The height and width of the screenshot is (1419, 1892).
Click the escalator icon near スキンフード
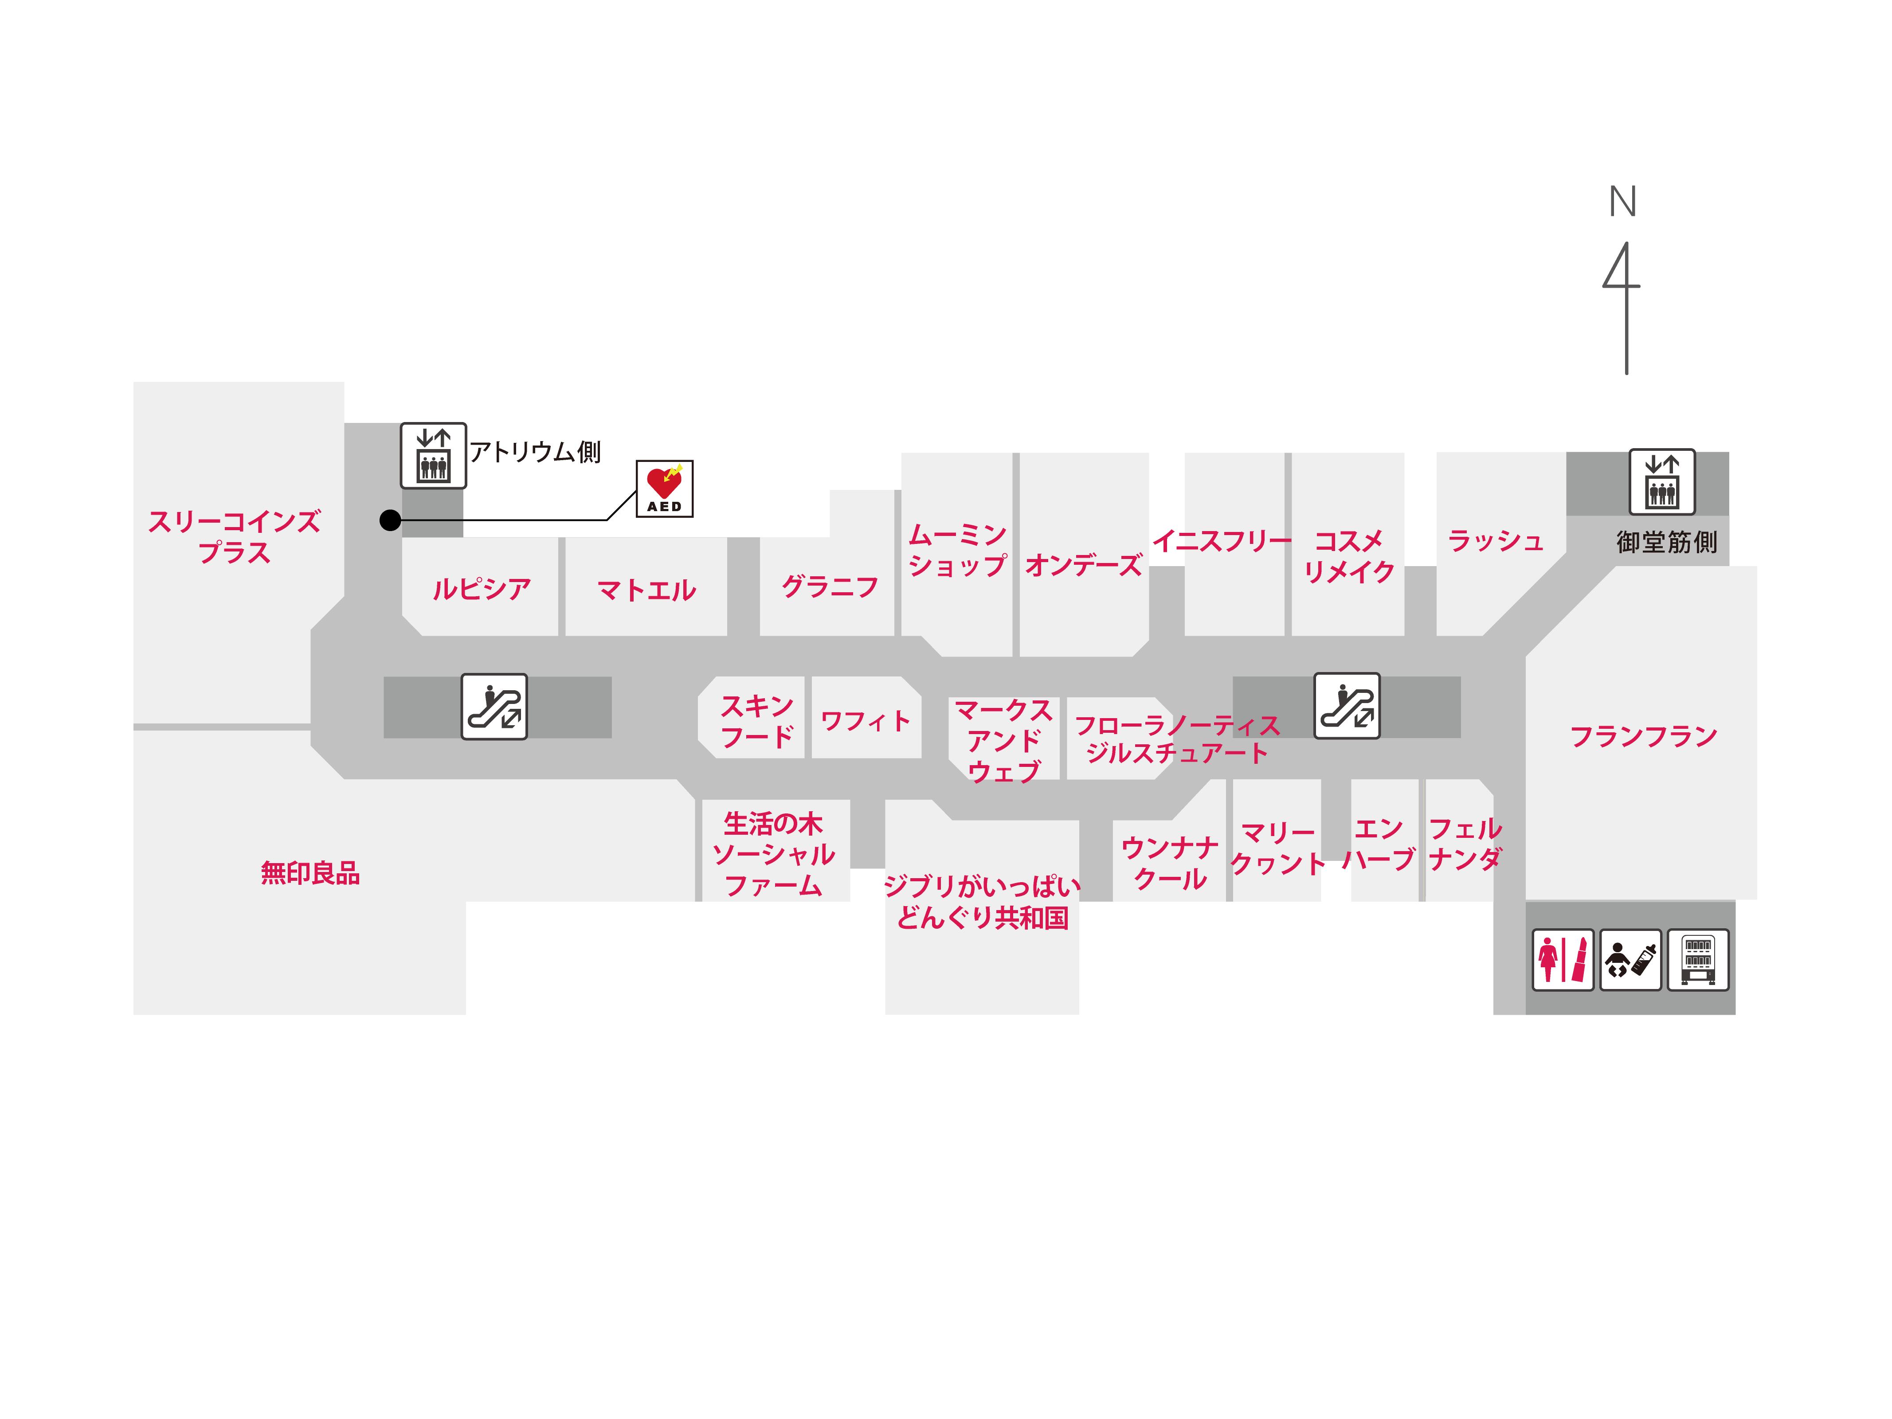(x=494, y=707)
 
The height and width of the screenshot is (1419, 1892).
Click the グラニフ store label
(x=830, y=587)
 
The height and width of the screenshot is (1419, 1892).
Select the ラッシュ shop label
(x=1495, y=540)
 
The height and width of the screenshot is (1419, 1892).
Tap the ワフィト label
(x=866, y=721)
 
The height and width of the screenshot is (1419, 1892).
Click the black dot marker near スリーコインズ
(x=390, y=520)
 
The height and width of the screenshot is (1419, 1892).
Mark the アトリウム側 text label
(x=535, y=452)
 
